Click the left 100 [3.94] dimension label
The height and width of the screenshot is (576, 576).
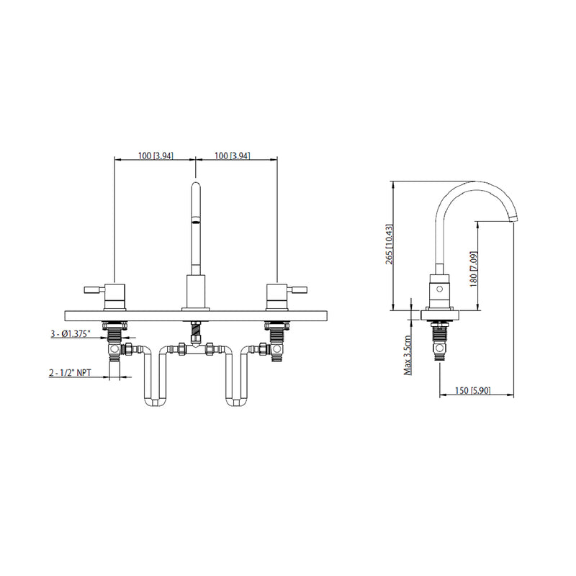pyautogui.click(x=155, y=156)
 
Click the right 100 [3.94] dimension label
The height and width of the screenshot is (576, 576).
pyautogui.click(x=233, y=156)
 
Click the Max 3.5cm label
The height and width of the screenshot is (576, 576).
pyautogui.click(x=408, y=355)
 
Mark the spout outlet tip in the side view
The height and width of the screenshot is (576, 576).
pyautogui.click(x=513, y=219)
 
